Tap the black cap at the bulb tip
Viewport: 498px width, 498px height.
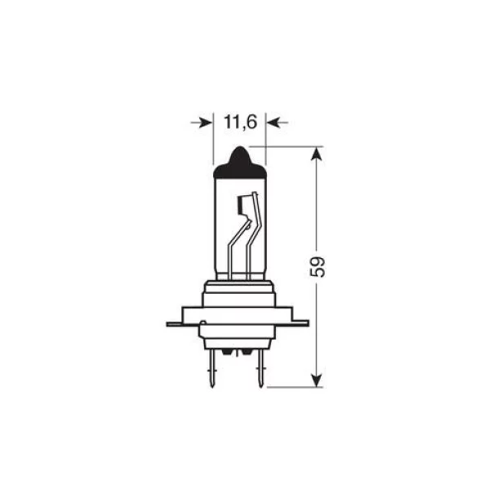[240, 163]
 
